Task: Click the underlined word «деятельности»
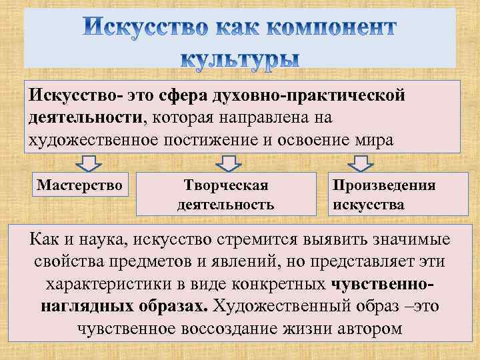coord(85,117)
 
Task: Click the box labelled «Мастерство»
coord(80,185)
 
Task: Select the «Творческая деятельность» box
coord(225,193)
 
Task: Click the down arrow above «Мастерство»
coord(87,163)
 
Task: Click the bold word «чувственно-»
coord(383,284)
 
